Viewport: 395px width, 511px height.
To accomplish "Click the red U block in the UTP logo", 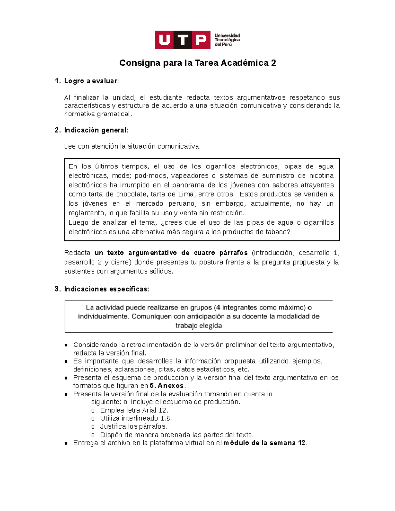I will [x=164, y=40].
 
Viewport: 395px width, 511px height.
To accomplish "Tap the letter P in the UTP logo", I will [x=201, y=40].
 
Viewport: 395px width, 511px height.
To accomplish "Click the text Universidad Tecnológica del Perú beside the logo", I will [x=227, y=40].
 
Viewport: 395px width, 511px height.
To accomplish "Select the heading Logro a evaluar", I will [x=91, y=81].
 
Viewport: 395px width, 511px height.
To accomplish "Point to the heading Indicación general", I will [x=96, y=130].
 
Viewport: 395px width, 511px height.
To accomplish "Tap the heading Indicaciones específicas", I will [x=106, y=289].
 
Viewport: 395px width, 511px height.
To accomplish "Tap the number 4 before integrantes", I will [x=218, y=307].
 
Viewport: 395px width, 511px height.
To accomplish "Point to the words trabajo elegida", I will [x=198, y=325].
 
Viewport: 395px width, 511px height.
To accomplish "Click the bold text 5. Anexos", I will [x=167, y=386].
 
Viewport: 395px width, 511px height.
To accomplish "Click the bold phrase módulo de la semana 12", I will [x=265, y=443].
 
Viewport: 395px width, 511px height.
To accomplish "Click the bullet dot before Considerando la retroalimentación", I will [x=66, y=345].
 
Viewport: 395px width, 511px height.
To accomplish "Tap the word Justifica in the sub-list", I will [x=113, y=426].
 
